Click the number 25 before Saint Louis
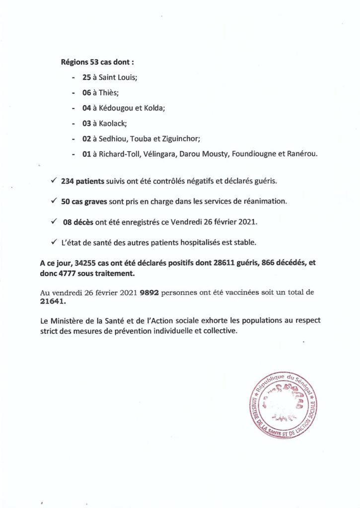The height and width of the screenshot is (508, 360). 87,78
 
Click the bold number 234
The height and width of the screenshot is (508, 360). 68,182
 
